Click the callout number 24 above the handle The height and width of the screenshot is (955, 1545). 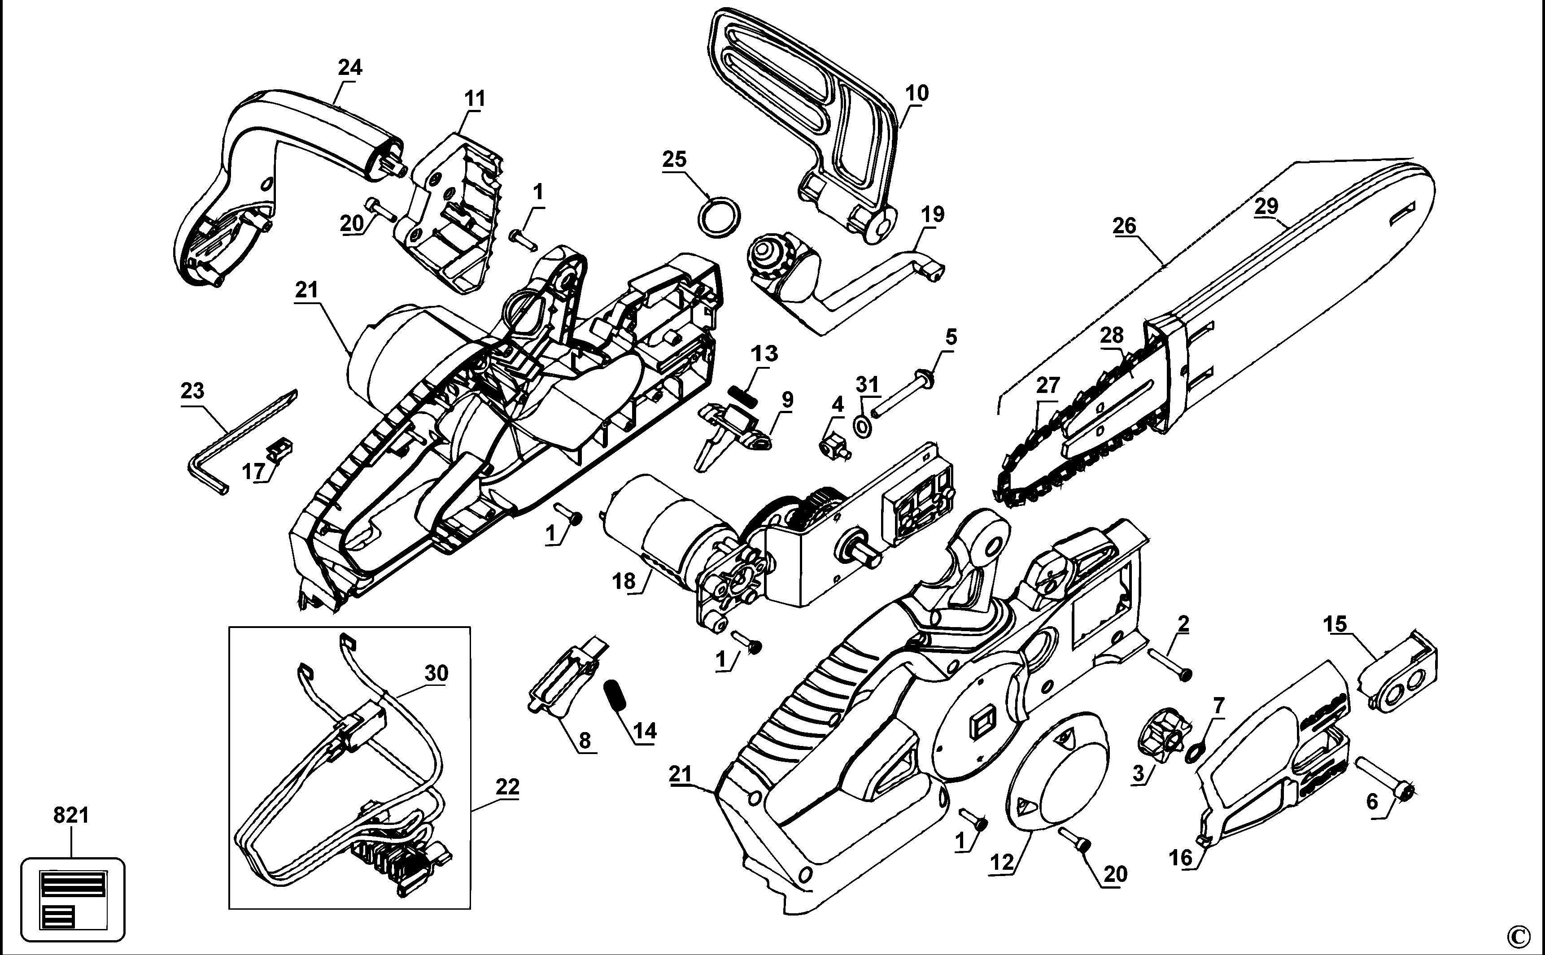click(x=350, y=68)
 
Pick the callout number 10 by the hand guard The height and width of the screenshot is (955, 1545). click(x=917, y=93)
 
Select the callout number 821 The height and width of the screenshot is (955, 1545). click(x=71, y=815)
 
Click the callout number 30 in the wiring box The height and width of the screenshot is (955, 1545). click(x=436, y=673)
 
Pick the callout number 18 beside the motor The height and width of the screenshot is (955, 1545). click(x=624, y=581)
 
